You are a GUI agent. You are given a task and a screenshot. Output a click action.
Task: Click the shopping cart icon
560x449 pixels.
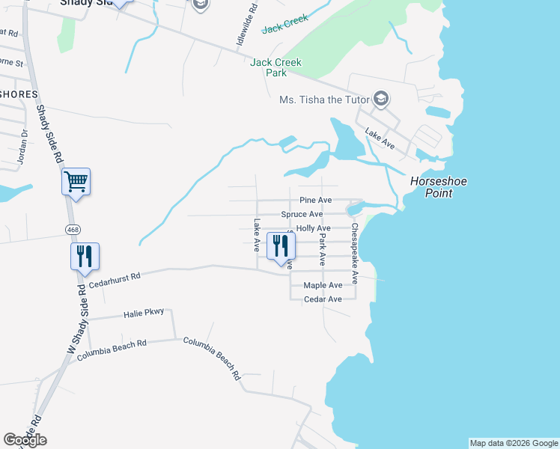coord(76,181)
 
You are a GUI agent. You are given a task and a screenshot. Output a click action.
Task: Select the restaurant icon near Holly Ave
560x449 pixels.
coord(281,245)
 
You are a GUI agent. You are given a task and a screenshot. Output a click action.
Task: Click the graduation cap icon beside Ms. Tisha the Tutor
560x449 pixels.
coord(381,100)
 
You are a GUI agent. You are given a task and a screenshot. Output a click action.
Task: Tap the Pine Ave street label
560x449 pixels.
coord(315,201)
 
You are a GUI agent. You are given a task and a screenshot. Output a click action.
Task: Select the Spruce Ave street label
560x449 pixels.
coord(302,214)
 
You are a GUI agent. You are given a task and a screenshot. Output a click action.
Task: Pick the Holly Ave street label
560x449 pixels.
coord(313,228)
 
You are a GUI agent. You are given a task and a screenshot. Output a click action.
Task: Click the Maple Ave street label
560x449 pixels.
coord(323,285)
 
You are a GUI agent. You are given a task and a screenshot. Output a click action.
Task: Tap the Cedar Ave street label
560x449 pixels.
coord(323,299)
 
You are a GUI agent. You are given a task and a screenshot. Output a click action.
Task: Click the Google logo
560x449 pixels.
coord(25,440)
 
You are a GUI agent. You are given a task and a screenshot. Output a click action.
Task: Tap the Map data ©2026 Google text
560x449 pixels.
coord(514,443)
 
